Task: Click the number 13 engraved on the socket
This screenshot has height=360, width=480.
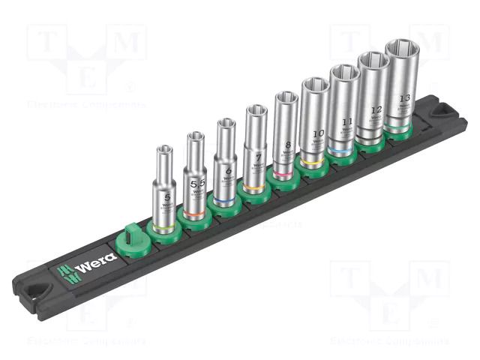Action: pos(405,98)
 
